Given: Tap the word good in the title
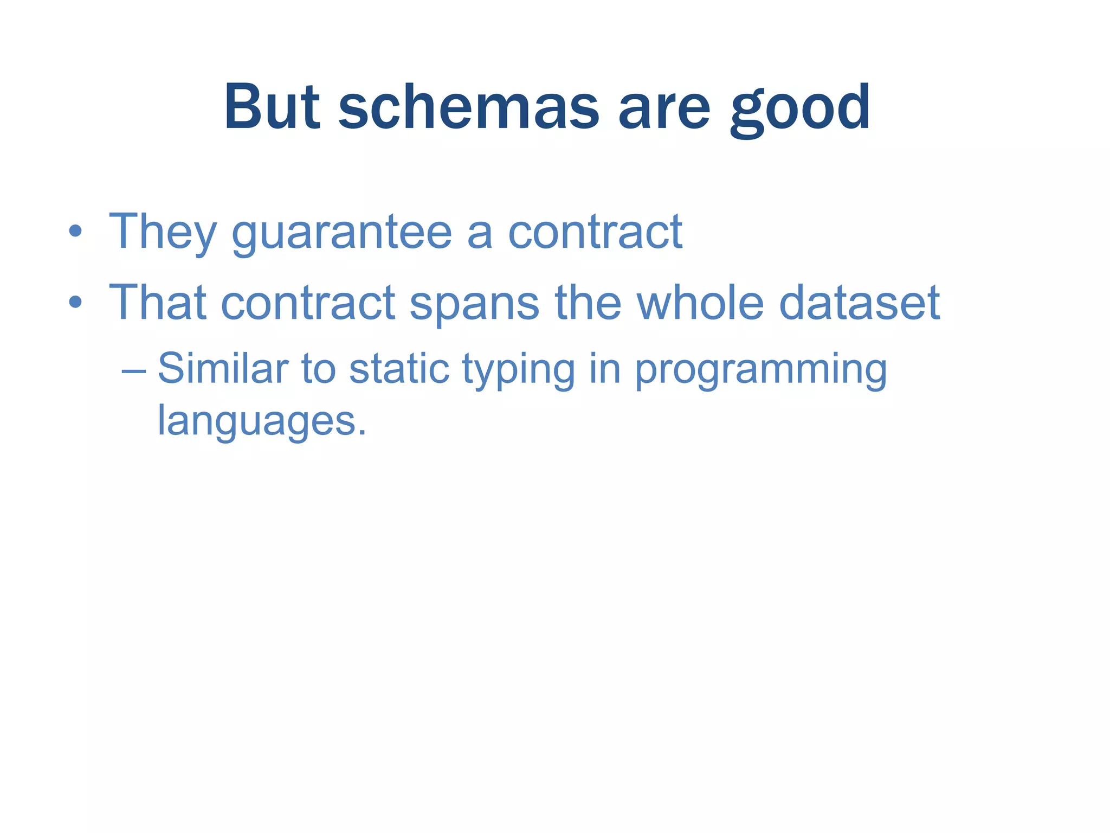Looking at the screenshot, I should [799, 108].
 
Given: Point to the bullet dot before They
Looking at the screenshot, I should [75, 232].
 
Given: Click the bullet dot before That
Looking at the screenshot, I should [75, 303].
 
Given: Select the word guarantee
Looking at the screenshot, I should [341, 233].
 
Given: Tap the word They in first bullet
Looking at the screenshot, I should [163, 232].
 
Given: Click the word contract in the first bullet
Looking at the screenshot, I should [595, 232].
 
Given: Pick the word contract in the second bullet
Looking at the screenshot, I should [308, 303].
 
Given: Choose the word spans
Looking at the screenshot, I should [474, 304].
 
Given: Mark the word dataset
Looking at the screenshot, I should [859, 303].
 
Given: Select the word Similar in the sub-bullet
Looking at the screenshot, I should [223, 369].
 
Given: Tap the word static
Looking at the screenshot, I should [399, 369].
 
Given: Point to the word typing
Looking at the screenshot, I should [518, 370].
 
